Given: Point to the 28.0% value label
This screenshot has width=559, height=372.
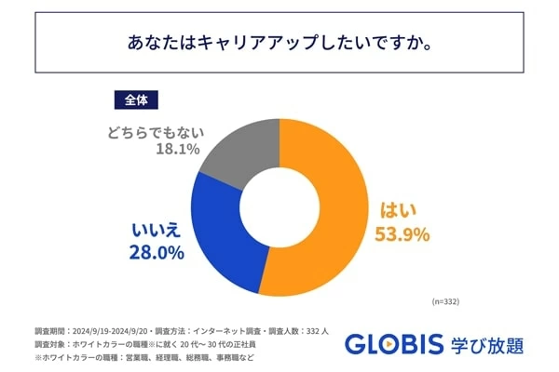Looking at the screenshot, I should (x=157, y=252).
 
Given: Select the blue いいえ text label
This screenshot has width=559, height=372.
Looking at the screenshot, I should (x=157, y=228).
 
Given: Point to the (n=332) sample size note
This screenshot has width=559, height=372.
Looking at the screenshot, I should (x=445, y=302).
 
